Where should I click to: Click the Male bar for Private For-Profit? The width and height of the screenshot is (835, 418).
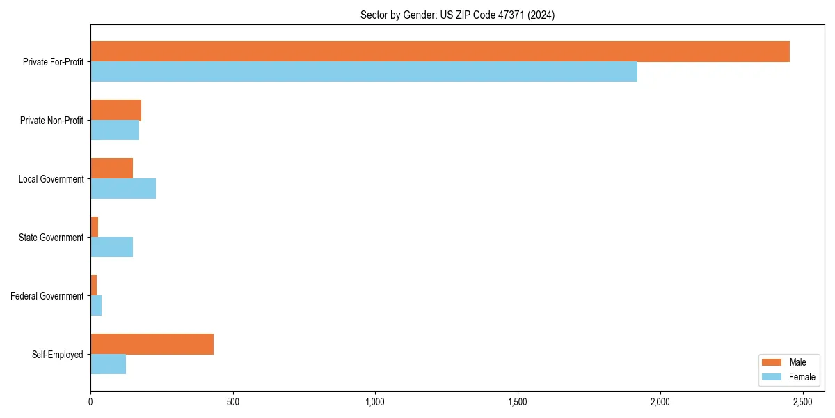click(440, 52)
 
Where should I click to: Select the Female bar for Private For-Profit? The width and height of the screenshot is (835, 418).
click(364, 72)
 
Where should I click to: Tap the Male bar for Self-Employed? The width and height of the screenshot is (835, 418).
click(152, 344)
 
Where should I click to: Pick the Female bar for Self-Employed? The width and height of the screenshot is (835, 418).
click(108, 364)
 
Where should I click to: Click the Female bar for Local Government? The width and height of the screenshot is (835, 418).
click(123, 189)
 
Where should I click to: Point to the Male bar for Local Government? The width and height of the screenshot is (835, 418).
click(111, 169)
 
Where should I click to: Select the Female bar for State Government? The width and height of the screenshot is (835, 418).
click(111, 247)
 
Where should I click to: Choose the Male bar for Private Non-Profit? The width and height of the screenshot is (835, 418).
click(116, 110)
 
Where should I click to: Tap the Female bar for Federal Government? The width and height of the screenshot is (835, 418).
click(96, 306)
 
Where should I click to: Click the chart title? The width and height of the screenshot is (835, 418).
click(457, 15)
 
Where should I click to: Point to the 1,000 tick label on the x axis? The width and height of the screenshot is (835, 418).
click(375, 402)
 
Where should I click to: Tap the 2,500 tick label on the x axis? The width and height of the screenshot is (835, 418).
click(802, 402)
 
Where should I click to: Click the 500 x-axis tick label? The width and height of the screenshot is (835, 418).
click(232, 402)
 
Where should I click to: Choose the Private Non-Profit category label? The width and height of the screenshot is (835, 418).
click(51, 121)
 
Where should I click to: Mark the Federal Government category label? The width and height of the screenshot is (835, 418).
click(47, 296)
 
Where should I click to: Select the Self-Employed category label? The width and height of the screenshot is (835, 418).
click(57, 355)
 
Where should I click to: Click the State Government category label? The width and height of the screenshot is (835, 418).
click(51, 238)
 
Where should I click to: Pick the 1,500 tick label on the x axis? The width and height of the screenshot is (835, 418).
click(518, 402)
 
